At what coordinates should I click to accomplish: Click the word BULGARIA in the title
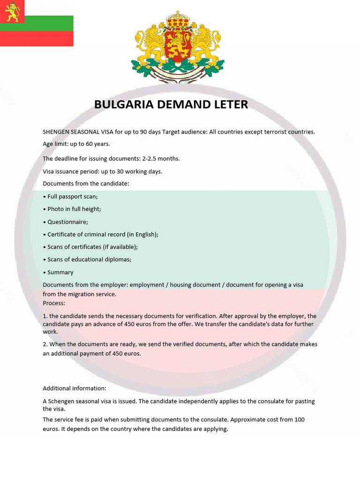coord(124,104)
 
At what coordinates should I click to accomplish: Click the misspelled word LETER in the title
coord(230,104)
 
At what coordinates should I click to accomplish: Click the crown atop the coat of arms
coord(177,19)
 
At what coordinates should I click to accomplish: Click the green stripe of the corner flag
coord(37,23)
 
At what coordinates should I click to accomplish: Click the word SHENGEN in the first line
coord(56,132)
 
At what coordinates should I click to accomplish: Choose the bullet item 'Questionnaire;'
coord(67,222)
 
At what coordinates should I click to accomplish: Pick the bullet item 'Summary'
coord(60,272)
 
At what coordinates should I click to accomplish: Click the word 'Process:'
coord(54,303)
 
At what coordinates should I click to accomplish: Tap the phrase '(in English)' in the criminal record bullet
coord(142,234)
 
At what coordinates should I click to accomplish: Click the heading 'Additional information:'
coord(75,388)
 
